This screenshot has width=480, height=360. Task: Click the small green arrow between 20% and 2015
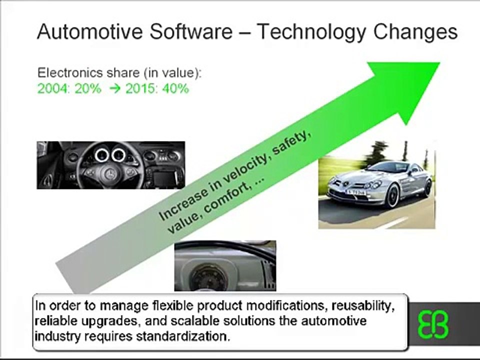115,89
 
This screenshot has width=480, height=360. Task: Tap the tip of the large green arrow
439,63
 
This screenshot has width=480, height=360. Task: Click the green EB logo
433,324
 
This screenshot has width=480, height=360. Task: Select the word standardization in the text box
183,336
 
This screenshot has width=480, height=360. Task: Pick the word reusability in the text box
363,306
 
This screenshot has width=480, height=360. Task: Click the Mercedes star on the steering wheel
109,174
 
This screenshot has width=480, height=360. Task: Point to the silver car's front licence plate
355,192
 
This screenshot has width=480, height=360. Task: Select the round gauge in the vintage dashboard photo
208,278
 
